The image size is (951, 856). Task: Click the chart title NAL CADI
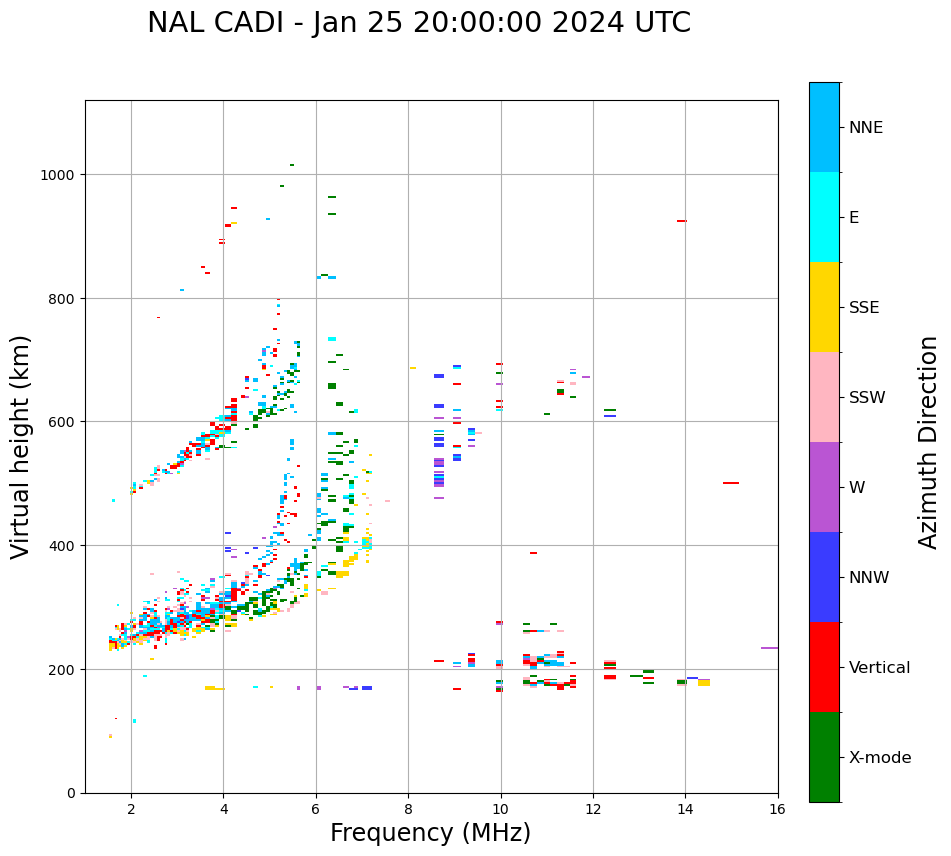coord(418,23)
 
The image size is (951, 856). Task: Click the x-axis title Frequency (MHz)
coord(430,833)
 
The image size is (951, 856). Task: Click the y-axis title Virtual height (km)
coord(21,446)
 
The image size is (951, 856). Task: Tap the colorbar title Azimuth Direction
coord(929,442)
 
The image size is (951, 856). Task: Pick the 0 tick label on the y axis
coord(71,793)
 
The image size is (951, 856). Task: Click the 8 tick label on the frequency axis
coord(408,810)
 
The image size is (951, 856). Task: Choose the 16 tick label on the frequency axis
coord(777,810)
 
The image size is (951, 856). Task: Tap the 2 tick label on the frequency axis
coord(131,810)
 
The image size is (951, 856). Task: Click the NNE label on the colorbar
coord(866,128)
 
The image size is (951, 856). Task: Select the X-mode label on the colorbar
coord(880,758)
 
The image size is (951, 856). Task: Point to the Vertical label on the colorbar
coord(879,668)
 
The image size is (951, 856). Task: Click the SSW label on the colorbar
coord(867,398)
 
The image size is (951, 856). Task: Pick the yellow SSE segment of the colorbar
coord(824,307)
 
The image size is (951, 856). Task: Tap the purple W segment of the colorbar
coord(824,487)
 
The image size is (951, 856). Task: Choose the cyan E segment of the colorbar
coord(824,217)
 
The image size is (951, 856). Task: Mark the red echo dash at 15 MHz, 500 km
coord(731,483)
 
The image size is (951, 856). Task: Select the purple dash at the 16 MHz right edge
coord(769,648)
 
